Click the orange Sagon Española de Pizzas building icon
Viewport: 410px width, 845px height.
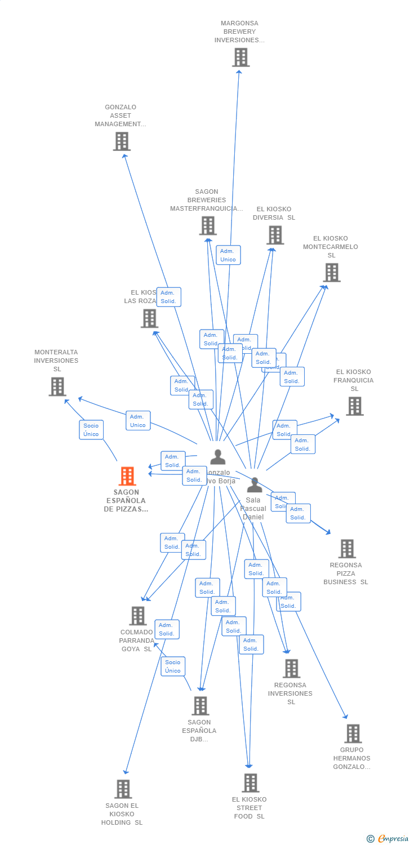click(127, 476)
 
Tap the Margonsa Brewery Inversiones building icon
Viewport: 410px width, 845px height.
click(240, 57)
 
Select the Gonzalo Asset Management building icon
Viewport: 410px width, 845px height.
click(122, 141)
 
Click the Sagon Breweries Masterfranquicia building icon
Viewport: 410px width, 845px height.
click(208, 225)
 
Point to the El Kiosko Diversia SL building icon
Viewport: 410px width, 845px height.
click(275, 235)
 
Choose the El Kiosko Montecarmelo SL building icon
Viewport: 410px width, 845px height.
click(331, 273)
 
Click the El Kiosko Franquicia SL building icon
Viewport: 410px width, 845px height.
click(354, 406)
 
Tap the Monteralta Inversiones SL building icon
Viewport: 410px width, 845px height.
click(57, 386)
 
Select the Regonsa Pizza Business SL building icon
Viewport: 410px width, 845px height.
click(347, 549)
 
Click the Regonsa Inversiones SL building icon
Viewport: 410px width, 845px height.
click(291, 669)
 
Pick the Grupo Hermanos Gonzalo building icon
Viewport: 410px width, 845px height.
click(353, 733)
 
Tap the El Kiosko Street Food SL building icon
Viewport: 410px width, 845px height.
click(251, 782)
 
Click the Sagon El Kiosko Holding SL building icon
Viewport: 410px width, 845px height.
click(123, 789)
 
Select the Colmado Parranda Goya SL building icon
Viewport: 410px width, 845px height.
click(138, 616)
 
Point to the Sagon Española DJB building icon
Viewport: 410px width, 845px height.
click(200, 706)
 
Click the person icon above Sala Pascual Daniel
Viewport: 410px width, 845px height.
click(255, 485)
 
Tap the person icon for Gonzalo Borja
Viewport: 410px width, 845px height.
click(217, 457)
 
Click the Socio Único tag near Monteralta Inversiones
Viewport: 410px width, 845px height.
click(91, 430)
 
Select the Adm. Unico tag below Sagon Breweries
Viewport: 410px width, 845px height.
click(228, 255)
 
